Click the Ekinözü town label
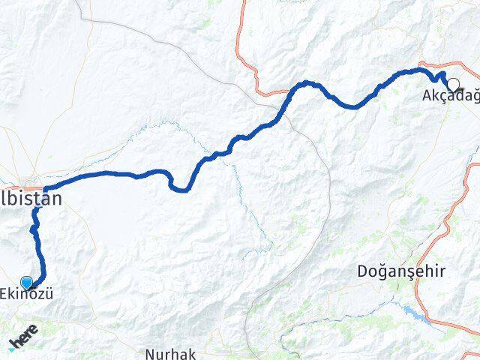coord(28,295)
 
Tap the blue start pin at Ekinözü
coord(27,282)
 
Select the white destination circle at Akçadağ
coord(453,84)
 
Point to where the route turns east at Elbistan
coord(45,189)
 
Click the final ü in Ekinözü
coord(49,295)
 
